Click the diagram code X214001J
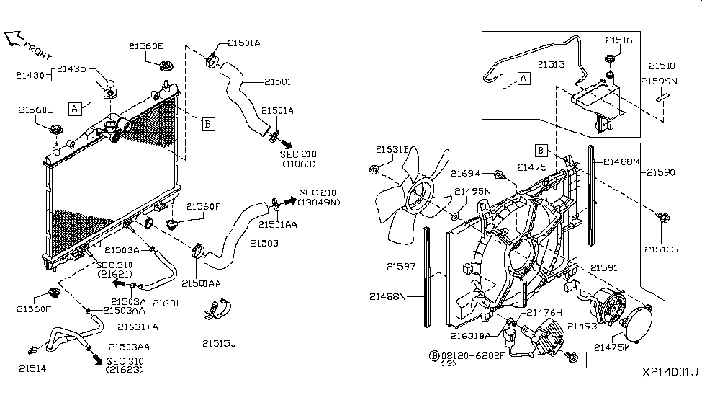(x=670, y=373)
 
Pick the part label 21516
(x=618, y=41)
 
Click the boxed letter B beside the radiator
(x=207, y=123)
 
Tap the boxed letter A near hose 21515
(x=523, y=78)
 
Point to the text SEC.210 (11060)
(x=298, y=159)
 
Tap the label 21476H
(x=545, y=312)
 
